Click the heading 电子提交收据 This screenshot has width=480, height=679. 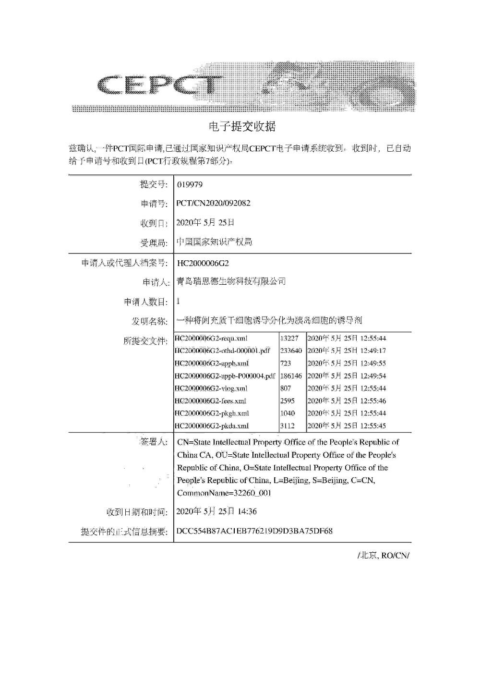[x=242, y=127]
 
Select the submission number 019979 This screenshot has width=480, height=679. [x=187, y=185]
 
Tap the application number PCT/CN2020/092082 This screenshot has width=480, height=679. [x=214, y=203]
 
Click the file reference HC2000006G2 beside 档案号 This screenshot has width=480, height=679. [x=203, y=263]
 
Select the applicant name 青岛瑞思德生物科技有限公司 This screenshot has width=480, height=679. [x=231, y=281]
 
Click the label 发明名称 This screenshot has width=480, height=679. [x=150, y=321]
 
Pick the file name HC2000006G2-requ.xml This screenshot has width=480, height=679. [x=211, y=339]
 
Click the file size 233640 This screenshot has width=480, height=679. [x=291, y=351]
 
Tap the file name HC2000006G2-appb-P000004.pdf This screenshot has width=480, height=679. [x=225, y=376]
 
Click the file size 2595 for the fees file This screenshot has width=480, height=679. [x=287, y=401]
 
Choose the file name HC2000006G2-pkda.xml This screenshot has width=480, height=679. [x=212, y=426]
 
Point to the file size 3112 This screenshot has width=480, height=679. [x=287, y=426]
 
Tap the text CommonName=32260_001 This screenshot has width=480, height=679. [x=224, y=493]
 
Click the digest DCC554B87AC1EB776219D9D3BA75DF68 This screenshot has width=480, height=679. [x=255, y=531]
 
